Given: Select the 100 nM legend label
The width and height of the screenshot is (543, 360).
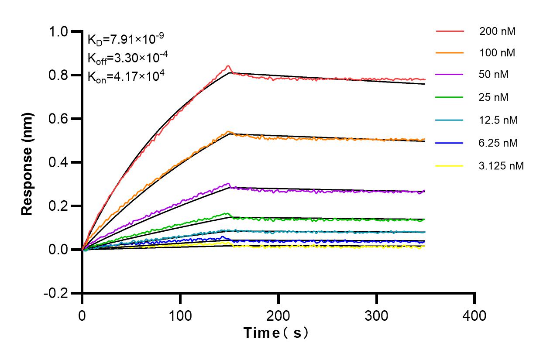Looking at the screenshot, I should (x=497, y=53).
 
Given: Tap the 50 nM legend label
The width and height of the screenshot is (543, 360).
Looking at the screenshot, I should (x=494, y=75).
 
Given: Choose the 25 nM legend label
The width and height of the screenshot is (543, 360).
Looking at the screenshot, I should (x=494, y=97).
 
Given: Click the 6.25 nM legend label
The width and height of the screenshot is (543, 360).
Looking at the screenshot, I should (x=498, y=142).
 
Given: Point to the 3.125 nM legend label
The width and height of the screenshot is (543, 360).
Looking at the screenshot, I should (x=501, y=165).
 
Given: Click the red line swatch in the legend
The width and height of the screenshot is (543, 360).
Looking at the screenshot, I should (x=450, y=31).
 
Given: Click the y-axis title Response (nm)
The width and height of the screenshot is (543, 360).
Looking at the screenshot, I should (x=27, y=162).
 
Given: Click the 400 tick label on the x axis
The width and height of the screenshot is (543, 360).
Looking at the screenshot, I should (x=474, y=315).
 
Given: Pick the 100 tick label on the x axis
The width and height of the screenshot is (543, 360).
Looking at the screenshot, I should (x=180, y=315).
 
